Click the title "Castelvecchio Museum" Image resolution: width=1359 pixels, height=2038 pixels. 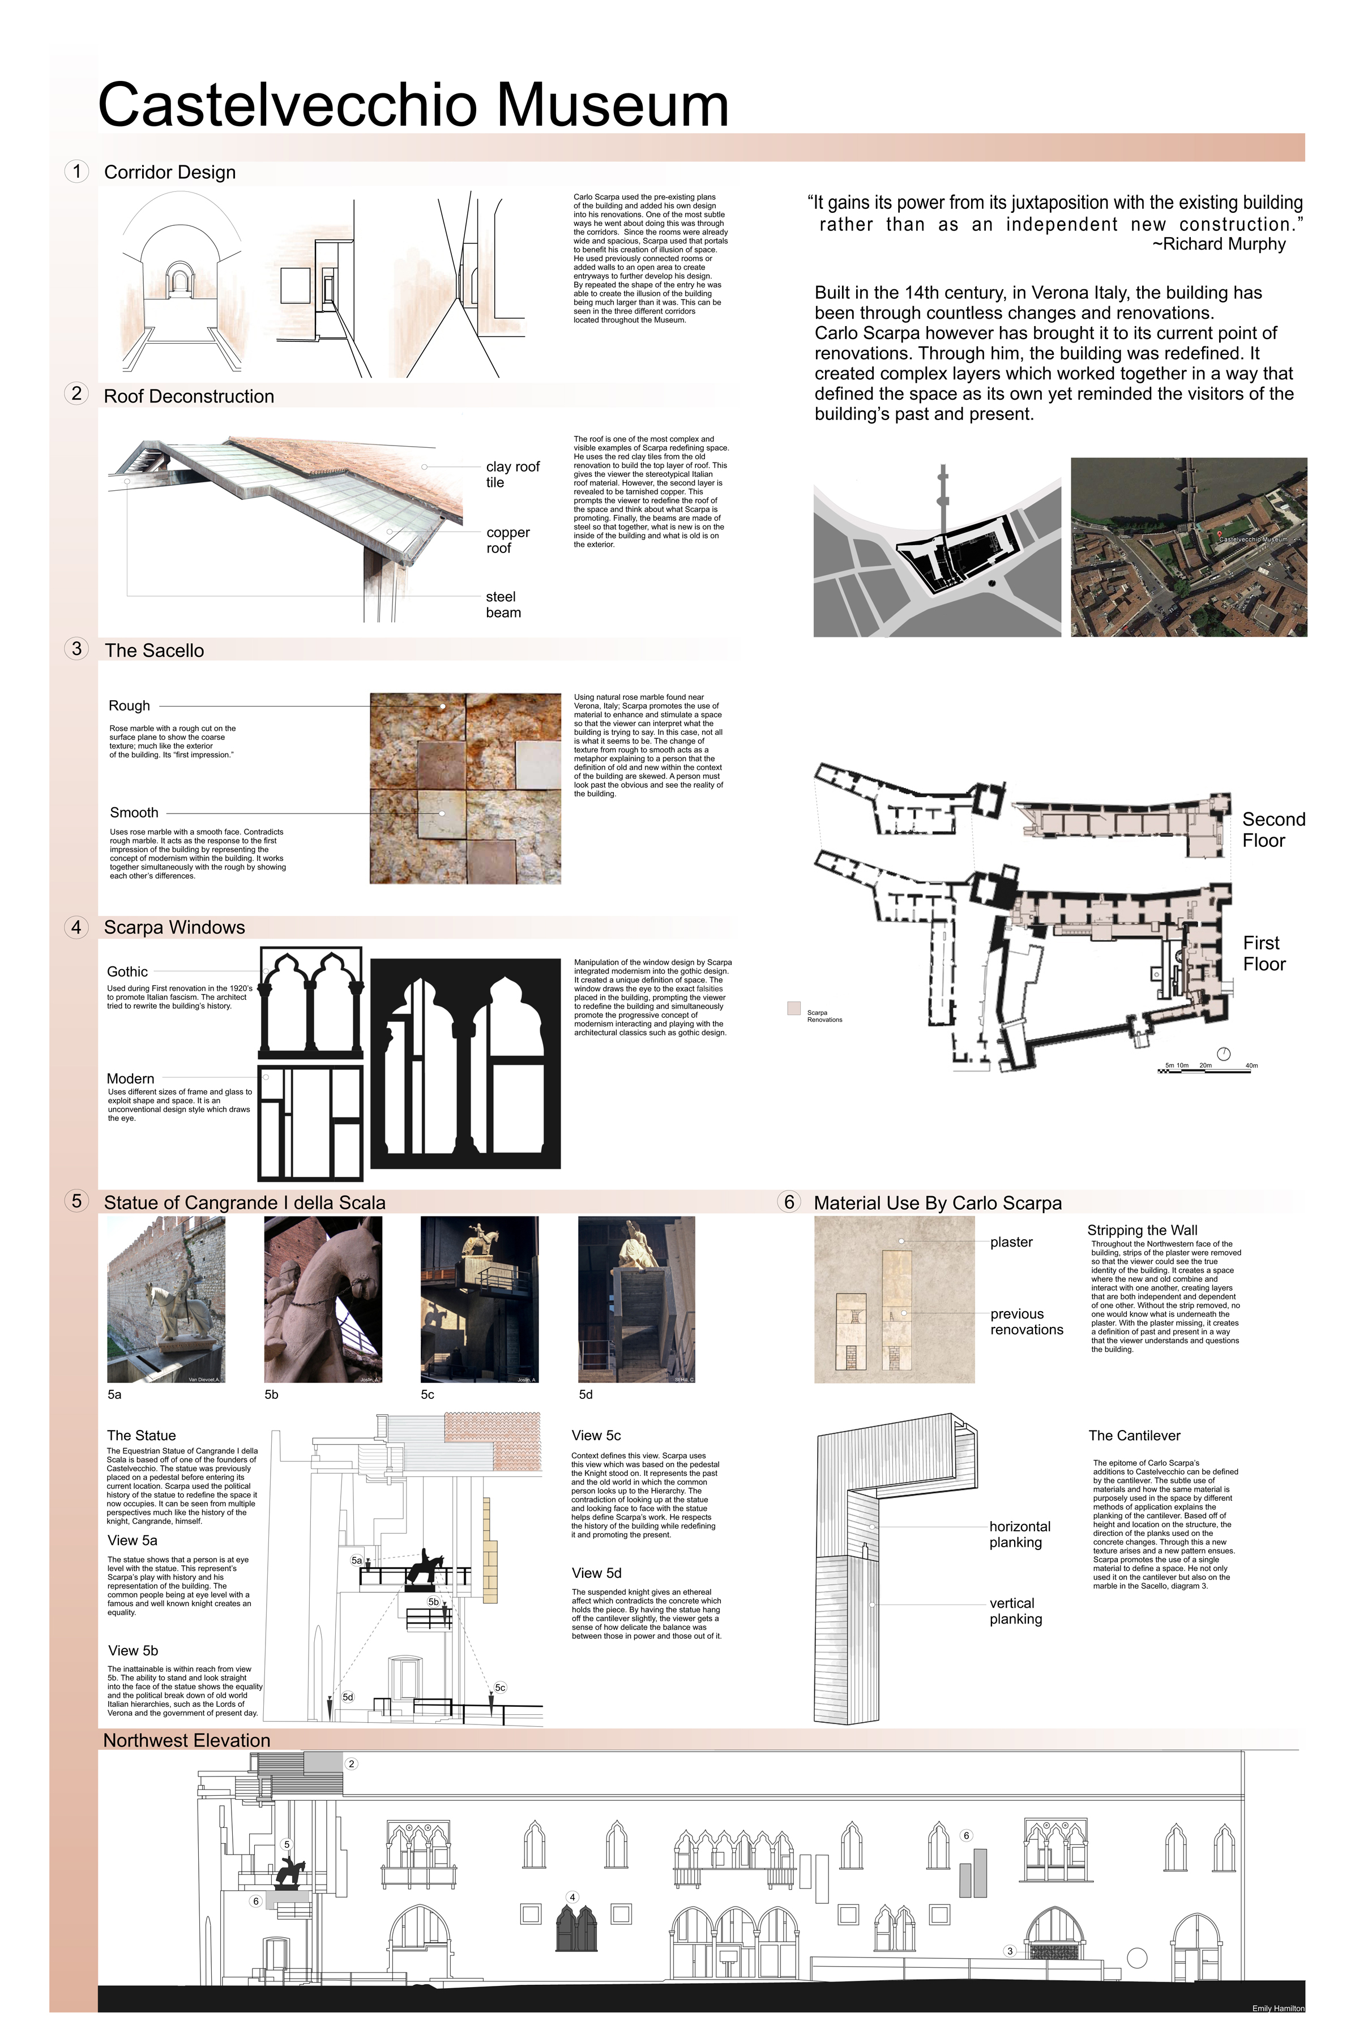pyautogui.click(x=413, y=105)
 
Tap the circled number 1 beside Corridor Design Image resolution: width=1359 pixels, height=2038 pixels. pyautogui.click(x=77, y=172)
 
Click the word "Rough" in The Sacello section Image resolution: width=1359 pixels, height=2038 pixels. pyautogui.click(x=129, y=705)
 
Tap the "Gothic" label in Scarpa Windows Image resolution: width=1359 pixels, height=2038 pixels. pyautogui.click(x=127, y=971)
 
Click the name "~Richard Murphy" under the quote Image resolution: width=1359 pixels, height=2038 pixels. pyautogui.click(x=1219, y=245)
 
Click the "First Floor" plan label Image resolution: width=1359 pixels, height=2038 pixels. pyautogui.click(x=1264, y=953)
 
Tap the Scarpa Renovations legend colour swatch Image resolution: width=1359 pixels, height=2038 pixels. pyautogui.click(x=794, y=1009)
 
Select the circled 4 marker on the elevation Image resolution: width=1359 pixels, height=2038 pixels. pyautogui.click(x=572, y=1897)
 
